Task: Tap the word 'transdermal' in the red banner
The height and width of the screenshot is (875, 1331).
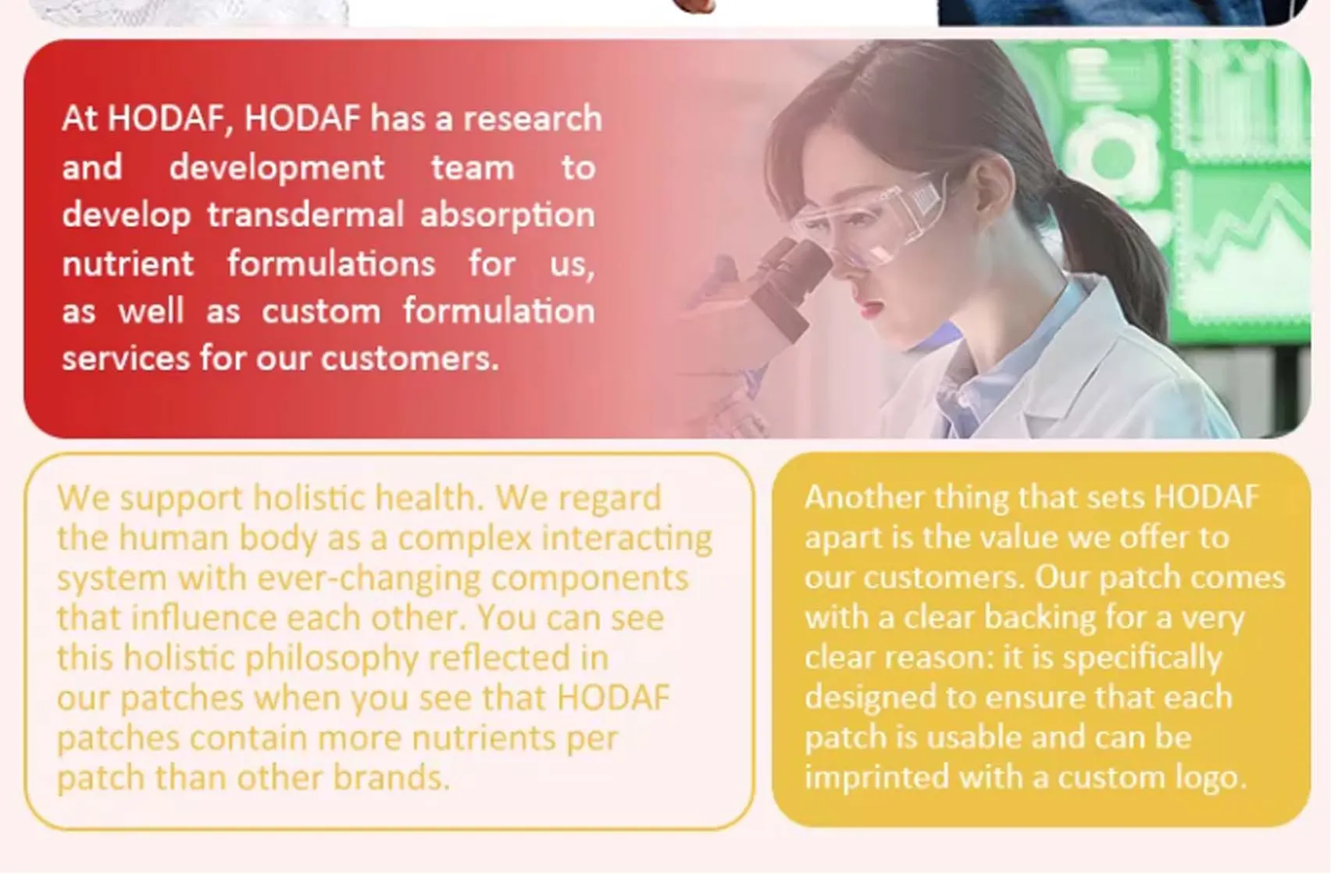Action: pyautogui.click(x=305, y=215)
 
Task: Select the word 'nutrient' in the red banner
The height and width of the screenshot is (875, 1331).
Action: pyautogui.click(x=127, y=263)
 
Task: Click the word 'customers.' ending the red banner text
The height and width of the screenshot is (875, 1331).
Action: pyautogui.click(x=409, y=359)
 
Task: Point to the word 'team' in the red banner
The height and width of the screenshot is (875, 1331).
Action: pyautogui.click(x=473, y=167)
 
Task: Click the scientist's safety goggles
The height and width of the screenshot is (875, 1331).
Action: pyautogui.click(x=875, y=215)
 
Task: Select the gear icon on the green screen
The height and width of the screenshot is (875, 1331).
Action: pyautogui.click(x=1109, y=156)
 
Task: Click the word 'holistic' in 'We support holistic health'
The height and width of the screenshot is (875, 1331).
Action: pyautogui.click(x=309, y=498)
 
